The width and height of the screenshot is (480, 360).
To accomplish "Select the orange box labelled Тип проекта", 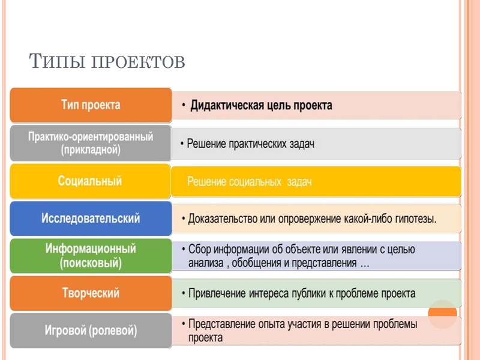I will [x=91, y=105].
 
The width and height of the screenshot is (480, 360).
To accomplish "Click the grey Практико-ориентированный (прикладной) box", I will [x=91, y=143].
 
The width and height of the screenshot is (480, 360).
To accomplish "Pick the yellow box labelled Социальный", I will [x=91, y=181].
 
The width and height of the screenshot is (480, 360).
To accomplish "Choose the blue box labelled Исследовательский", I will [x=91, y=218].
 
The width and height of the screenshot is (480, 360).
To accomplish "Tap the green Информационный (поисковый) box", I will [x=91, y=256].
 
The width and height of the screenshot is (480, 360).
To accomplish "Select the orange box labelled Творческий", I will [x=91, y=293].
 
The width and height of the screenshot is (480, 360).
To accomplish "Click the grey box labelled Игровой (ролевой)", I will [x=91, y=330].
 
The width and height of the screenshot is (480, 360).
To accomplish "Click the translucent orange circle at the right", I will [x=442, y=314].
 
